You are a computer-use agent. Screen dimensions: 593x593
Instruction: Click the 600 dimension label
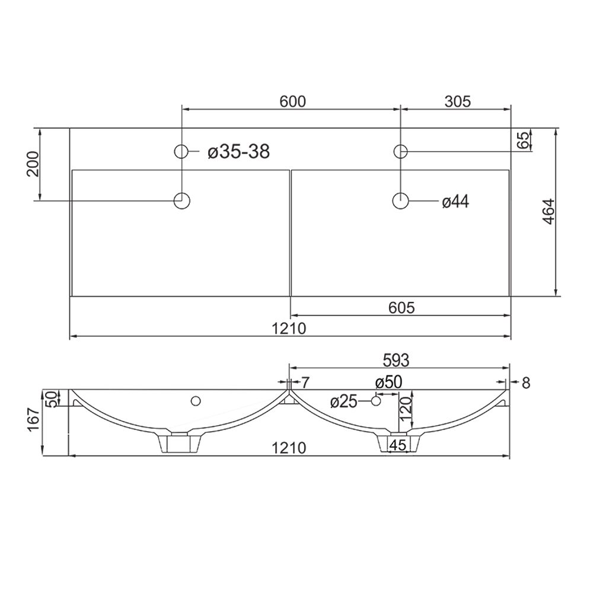coord(292,101)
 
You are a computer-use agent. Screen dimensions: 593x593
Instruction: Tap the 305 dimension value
coord(457,101)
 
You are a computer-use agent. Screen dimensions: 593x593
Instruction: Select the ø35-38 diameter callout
coord(238,152)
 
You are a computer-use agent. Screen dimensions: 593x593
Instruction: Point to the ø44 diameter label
coord(455,202)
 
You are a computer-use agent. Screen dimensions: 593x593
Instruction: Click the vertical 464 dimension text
coord(549,212)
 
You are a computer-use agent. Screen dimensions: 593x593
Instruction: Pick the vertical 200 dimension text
coord(33,164)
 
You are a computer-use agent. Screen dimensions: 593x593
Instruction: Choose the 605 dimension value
coord(401,308)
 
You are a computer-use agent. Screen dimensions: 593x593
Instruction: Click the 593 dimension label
coord(396,361)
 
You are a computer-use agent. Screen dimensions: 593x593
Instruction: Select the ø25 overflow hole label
coord(343,402)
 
